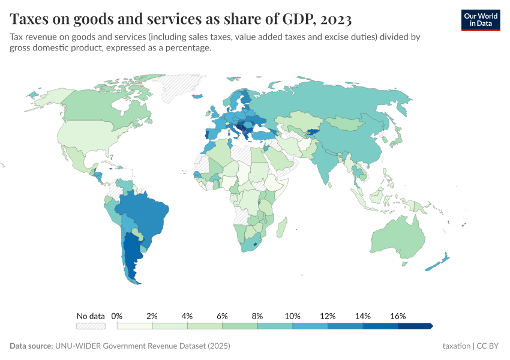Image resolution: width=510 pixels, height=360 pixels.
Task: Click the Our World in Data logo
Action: [x=480, y=19]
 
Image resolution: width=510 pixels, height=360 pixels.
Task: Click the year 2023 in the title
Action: [x=336, y=19]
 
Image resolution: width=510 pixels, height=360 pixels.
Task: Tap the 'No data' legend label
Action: [x=91, y=316]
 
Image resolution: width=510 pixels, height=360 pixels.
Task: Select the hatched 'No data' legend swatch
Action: [x=91, y=326]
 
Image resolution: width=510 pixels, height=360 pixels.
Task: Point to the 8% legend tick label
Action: [x=257, y=316]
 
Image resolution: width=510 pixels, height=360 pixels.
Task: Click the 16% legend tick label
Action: [x=398, y=316]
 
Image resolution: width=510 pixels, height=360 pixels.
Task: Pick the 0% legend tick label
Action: [x=117, y=316]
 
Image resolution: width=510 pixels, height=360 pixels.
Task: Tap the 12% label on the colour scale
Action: [x=328, y=316]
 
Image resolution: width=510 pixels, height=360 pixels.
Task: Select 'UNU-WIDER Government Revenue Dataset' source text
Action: [x=142, y=346]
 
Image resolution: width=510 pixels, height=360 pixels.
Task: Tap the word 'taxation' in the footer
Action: [x=456, y=346]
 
